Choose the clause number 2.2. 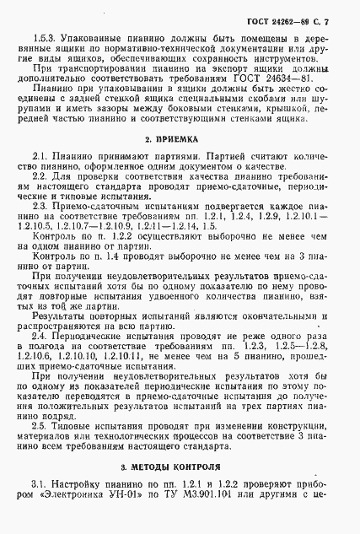point(40,180)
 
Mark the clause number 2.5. point(40,439)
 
